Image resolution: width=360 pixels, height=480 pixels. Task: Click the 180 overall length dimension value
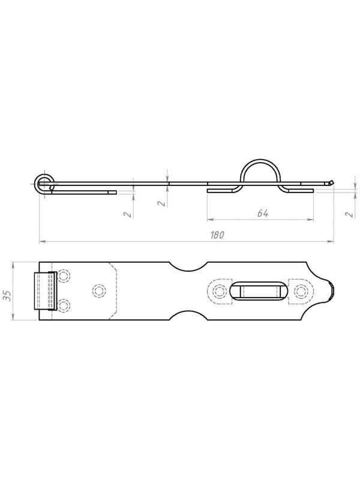[217, 235]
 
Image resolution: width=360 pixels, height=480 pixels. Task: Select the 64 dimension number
[263, 213]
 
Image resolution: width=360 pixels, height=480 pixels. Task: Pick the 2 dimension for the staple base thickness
[350, 214]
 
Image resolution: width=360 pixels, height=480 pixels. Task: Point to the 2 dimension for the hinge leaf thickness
[128, 214]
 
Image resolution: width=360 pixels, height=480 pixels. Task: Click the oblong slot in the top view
[259, 291]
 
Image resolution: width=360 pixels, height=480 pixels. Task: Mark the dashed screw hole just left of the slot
[220, 291]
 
